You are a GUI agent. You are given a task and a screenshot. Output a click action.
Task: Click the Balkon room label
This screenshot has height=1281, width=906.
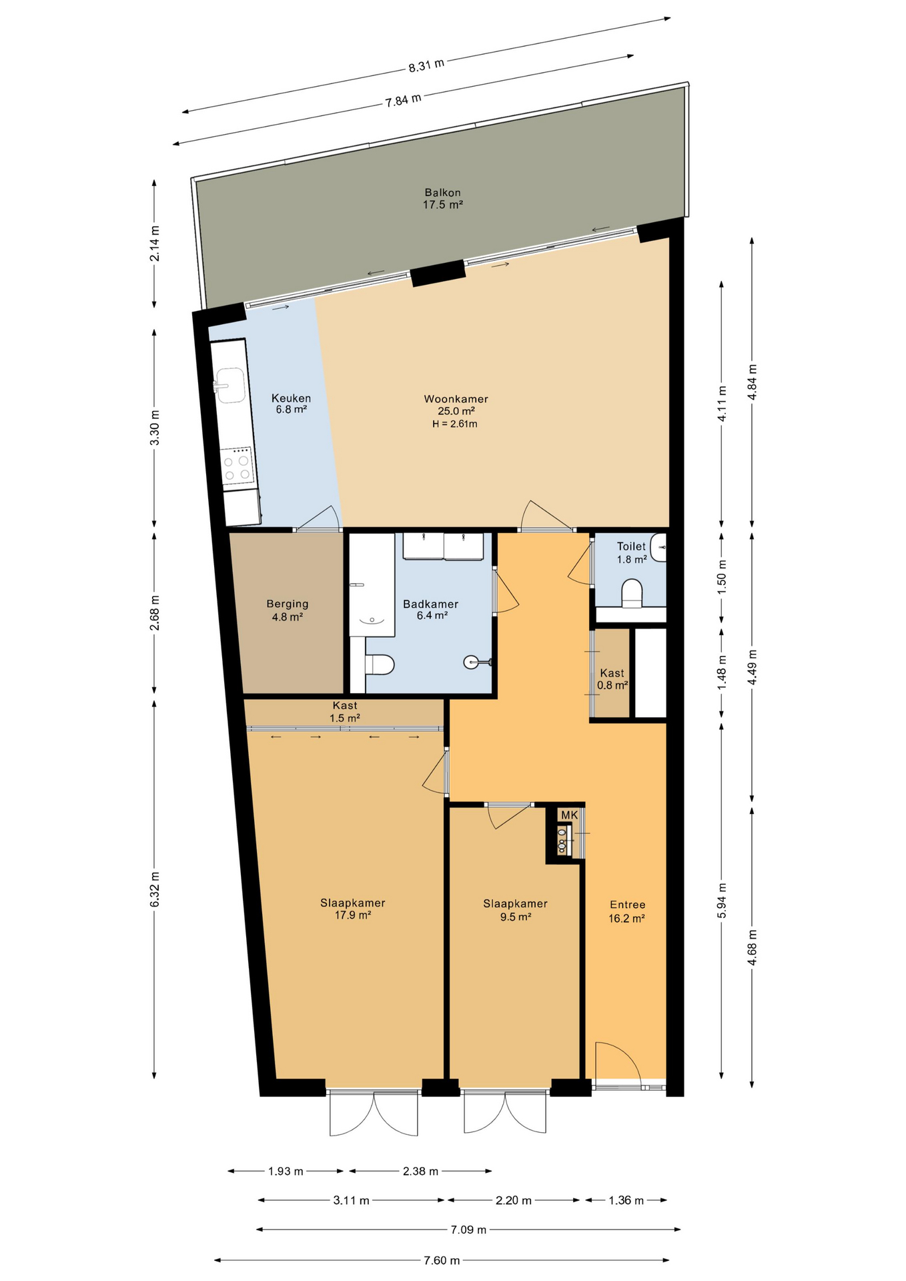tap(442, 199)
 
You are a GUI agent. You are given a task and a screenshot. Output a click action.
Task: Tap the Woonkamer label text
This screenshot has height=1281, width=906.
tap(456, 399)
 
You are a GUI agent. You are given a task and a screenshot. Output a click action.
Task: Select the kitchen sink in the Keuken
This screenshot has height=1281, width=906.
tap(229, 385)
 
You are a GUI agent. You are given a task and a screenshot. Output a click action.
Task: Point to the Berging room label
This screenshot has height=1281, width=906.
tap(288, 610)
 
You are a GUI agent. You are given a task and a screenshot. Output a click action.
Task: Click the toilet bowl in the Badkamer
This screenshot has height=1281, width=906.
tap(380, 665)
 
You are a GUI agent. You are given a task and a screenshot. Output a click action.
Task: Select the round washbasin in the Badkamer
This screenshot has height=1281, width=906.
tap(472, 662)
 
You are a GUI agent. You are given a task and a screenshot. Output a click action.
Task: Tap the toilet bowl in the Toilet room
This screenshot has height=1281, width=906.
tap(631, 593)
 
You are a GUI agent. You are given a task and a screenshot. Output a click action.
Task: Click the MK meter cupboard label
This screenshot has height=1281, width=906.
tap(569, 815)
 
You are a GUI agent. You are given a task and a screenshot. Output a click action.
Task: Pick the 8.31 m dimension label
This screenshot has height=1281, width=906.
tap(426, 65)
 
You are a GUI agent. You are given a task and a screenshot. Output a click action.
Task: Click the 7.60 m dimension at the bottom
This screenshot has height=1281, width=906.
tap(442, 1260)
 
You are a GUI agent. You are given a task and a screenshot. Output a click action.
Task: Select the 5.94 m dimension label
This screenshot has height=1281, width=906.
tap(721, 900)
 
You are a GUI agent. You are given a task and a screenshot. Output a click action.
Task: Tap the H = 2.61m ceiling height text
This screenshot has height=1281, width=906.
tap(454, 424)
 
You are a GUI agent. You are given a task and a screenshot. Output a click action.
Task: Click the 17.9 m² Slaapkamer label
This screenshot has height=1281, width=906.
tap(353, 909)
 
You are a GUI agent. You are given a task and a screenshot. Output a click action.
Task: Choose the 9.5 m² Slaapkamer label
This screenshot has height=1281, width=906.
tap(515, 910)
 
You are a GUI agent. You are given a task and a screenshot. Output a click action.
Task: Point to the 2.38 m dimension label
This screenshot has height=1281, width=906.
tap(420, 1171)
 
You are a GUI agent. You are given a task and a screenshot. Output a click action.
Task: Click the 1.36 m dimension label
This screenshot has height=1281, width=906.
tap(626, 1200)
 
